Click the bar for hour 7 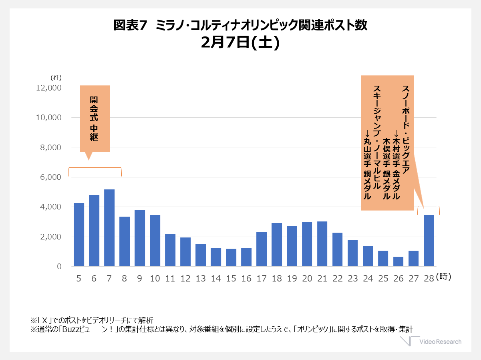[x=109, y=228]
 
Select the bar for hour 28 [x=429, y=241]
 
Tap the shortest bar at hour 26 [x=398, y=261]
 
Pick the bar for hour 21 [x=322, y=244]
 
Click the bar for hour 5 [x=78, y=235]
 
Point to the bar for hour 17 [x=261, y=249]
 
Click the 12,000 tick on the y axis [x=48, y=88]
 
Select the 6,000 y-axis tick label [x=50, y=177]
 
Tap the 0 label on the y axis [x=59, y=266]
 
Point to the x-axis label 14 [x=216, y=278]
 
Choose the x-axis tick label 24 [x=368, y=278]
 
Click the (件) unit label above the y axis [x=56, y=78]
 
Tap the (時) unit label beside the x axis [x=443, y=277]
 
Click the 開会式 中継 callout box [x=95, y=119]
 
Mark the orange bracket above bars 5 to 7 [x=95, y=168]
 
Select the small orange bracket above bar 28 [x=429, y=206]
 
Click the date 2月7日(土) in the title [x=240, y=42]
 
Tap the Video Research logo [x=431, y=341]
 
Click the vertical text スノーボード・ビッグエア [x=406, y=129]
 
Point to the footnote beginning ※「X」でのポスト [x=92, y=320]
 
